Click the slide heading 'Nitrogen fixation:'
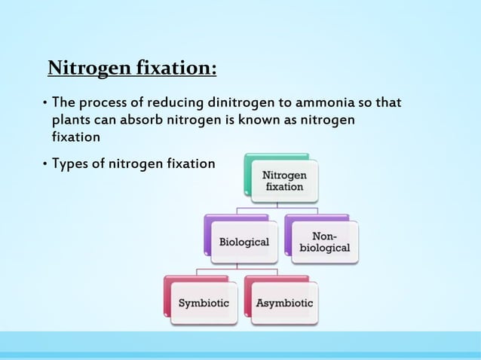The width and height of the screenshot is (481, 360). pos(132,69)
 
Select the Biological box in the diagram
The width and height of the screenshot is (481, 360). pos(244,242)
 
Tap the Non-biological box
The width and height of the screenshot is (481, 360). pos(324,242)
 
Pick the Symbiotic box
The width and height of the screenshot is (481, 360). pos(204,303)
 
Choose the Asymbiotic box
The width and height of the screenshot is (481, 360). pos(284,303)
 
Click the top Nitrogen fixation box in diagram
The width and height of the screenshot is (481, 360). pos(284,181)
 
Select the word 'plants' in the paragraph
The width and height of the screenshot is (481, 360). pos(71,121)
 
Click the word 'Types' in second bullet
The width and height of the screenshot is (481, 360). pos(69,163)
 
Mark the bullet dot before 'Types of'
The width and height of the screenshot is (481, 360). pos(44,163)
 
